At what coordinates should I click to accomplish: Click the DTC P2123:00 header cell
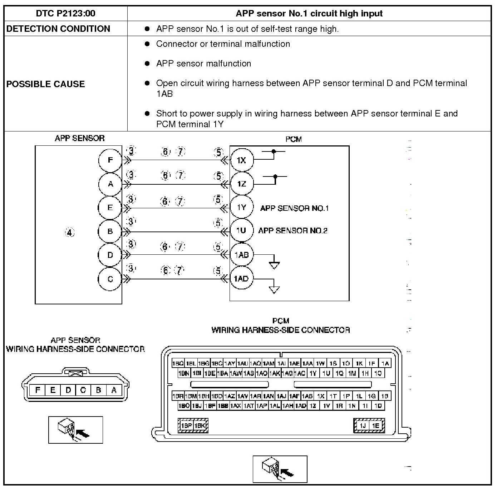pos(66,14)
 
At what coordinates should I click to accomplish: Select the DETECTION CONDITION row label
pos(58,29)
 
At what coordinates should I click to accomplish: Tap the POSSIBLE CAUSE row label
pos(46,84)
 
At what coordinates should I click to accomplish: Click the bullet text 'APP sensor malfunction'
pos(203,64)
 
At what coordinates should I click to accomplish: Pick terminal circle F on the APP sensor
pos(110,160)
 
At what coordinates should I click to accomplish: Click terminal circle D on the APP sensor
pos(110,255)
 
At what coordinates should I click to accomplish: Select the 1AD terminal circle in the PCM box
pos(241,279)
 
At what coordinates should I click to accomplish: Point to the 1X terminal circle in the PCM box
pos(241,160)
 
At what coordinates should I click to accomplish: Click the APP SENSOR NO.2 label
pos(293,231)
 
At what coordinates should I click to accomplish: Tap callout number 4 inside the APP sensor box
pos(70,233)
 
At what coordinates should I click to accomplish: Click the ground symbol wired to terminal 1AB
pos(274,265)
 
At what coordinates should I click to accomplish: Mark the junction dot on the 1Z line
pos(275,176)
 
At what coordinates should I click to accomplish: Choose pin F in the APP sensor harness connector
pos(38,390)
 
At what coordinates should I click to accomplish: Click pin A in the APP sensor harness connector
pos(114,390)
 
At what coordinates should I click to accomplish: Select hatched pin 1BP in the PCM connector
pos(187,425)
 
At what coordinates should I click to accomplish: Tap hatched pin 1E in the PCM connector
pos(375,425)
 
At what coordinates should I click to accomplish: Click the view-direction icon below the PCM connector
pos(280,469)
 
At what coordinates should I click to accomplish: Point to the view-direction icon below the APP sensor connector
pos(75,430)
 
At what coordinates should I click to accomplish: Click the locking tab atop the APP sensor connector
pos(75,374)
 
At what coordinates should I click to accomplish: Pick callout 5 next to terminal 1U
pos(218,223)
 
